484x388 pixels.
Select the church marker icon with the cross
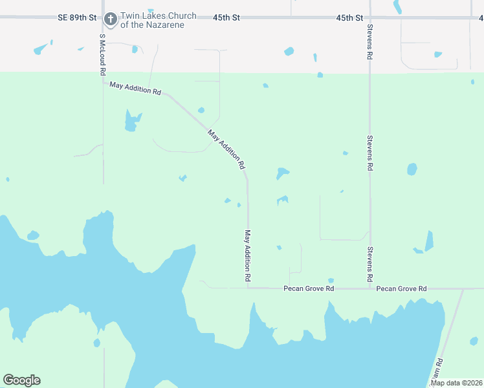coord(111,19)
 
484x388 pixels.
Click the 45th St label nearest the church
coord(226,17)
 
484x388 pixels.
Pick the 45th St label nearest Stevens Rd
coord(349,17)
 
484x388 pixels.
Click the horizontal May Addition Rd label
coord(135,88)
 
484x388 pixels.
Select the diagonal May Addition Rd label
coord(226,149)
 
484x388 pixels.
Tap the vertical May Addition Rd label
coord(247,255)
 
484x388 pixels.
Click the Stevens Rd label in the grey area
coord(369,43)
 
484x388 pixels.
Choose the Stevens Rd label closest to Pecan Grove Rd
coord(369,264)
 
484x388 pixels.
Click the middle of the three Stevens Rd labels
coord(369,153)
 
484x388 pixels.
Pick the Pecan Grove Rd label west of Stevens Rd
coord(309,288)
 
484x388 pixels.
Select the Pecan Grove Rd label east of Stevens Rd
coord(402,288)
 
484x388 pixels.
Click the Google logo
coord(21,380)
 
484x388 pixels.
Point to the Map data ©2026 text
coord(456,383)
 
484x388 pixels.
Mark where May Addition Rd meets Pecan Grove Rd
coord(247,288)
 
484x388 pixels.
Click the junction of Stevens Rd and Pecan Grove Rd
coord(369,288)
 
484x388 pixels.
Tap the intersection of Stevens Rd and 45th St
coord(369,17)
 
